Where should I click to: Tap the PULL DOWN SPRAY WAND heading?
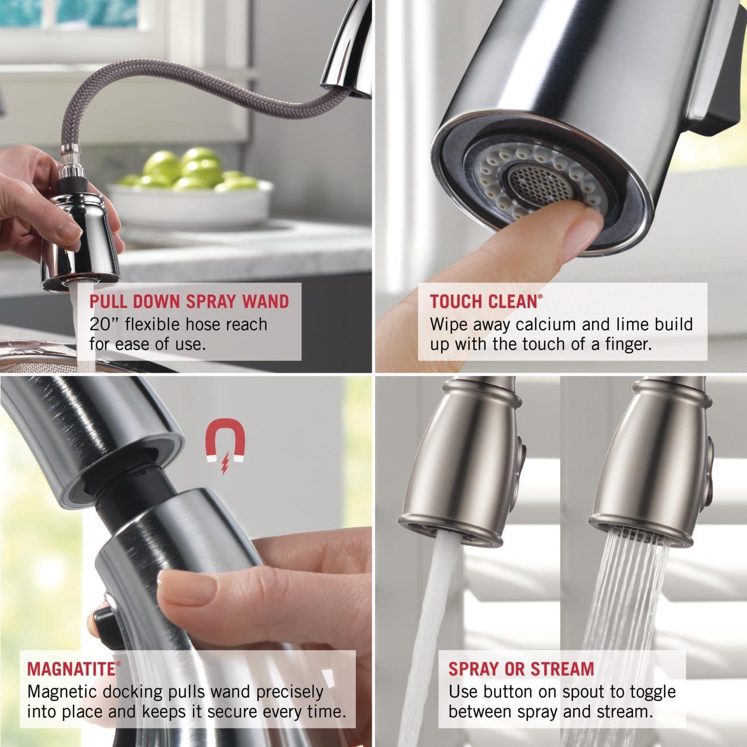tap(189, 301)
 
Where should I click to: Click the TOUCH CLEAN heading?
tap(484, 301)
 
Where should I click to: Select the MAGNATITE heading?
tap(71, 668)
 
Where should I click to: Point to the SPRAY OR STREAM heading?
tap(521, 668)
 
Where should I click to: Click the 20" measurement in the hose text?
tap(104, 324)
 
